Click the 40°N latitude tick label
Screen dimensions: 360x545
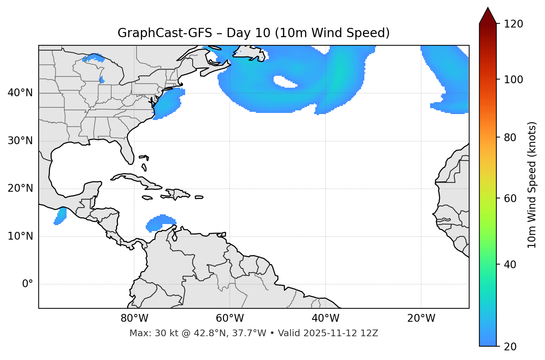tap(20, 93)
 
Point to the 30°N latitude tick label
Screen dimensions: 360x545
tap(20, 141)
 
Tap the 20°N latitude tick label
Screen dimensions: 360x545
tap(20, 188)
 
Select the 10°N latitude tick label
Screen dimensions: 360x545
tap(20, 236)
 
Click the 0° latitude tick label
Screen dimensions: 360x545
tap(28, 284)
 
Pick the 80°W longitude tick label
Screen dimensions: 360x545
tap(134, 318)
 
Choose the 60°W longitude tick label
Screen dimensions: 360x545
tap(230, 318)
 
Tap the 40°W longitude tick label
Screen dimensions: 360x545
tap(325, 318)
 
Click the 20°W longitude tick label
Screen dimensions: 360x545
tap(421, 318)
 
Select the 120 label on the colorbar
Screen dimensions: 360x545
tap(513, 24)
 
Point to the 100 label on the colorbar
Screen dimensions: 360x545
tap(513, 80)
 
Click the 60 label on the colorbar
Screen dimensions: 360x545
tap(510, 198)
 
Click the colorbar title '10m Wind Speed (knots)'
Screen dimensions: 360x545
tap(532, 185)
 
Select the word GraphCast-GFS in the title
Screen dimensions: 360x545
tap(165, 33)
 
